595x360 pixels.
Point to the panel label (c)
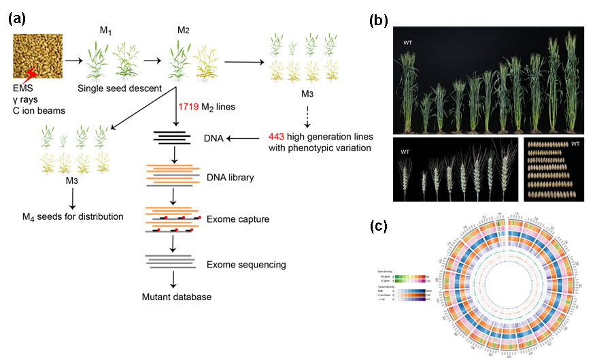pyautogui.click(x=378, y=225)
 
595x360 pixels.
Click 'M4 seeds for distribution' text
pyautogui.click(x=72, y=216)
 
